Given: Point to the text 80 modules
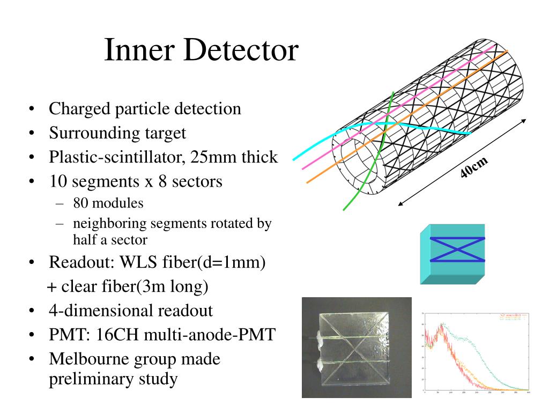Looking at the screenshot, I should pyautogui.click(x=108, y=203).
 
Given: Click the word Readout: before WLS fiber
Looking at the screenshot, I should pyautogui.click(x=79, y=263).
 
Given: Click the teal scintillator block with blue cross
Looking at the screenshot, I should pyautogui.click(x=452, y=253).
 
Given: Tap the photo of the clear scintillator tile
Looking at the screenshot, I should pyautogui.click(x=357, y=347).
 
